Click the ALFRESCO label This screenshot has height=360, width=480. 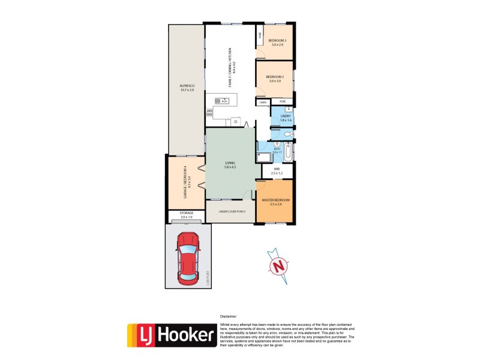coord(187,88)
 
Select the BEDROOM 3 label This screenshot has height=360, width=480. coord(277,42)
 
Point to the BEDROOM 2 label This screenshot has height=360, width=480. coord(274,78)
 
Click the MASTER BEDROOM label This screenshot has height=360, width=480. coord(276,202)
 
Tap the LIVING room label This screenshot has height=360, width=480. coord(230,164)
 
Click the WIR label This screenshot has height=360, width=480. coord(277,171)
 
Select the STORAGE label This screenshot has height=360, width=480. coord(181,215)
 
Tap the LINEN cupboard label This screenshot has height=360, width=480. coord(263,103)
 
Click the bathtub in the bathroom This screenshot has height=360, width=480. coord(288,152)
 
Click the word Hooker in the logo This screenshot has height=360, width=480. coord(186,336)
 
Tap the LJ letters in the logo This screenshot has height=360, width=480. coord(142,336)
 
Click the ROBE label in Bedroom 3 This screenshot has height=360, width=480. coord(260,35)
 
